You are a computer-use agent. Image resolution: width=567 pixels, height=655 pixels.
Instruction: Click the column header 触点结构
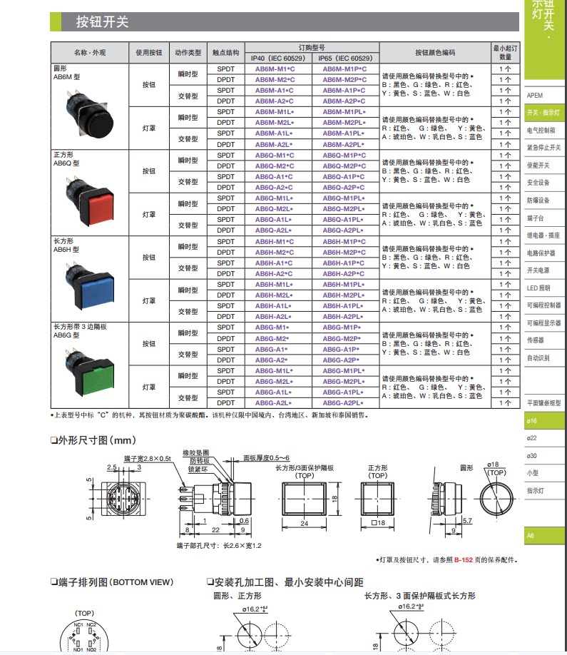225,53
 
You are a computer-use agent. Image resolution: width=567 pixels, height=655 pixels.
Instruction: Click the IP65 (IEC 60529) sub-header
344,58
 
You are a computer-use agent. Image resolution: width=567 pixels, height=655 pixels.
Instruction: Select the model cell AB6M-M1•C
275,68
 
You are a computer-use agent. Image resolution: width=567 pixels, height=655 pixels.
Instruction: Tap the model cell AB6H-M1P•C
344,241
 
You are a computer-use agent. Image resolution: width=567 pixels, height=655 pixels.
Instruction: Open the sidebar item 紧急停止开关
543,148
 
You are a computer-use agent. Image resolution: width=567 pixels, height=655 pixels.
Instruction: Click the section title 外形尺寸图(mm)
93,440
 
